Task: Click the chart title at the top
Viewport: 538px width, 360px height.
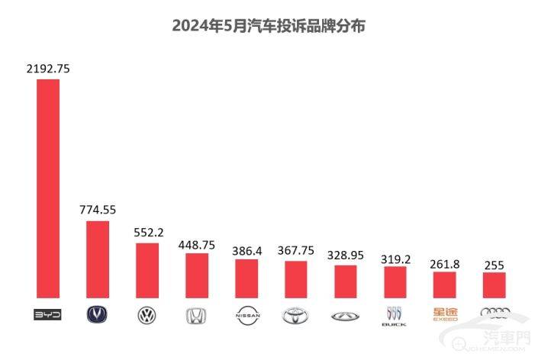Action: pyautogui.click(x=269, y=26)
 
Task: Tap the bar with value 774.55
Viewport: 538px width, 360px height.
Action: pyautogui.click(x=98, y=259)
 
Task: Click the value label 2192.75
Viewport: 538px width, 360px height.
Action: pyautogui.click(x=48, y=69)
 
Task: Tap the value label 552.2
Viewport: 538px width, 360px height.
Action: pyautogui.click(x=147, y=233)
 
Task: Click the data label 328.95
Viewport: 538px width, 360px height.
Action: pyautogui.click(x=345, y=255)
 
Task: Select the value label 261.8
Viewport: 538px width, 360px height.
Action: pyautogui.click(x=444, y=262)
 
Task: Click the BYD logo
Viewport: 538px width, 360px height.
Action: pyautogui.click(x=48, y=314)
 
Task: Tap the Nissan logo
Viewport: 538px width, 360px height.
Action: pyautogui.click(x=246, y=314)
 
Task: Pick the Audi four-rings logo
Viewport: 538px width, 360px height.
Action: pyautogui.click(x=494, y=312)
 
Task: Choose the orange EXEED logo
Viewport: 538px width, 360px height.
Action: pyautogui.click(x=444, y=313)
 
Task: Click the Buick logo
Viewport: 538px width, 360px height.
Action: pyautogui.click(x=395, y=315)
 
